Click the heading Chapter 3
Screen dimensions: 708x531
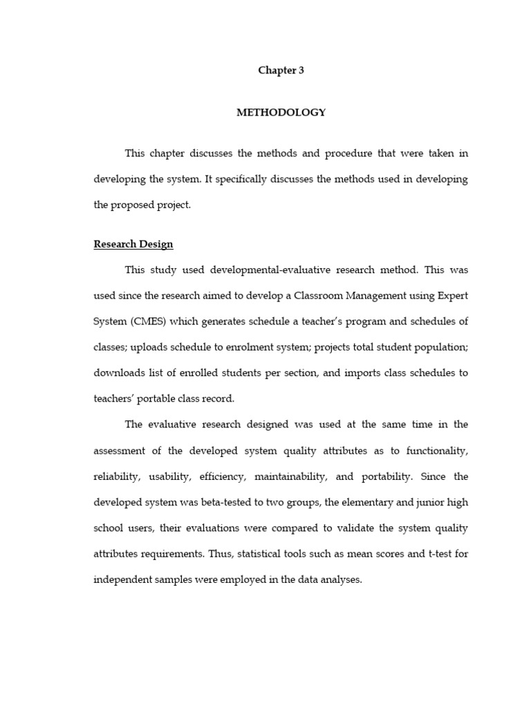281,71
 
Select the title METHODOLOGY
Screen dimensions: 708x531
281,113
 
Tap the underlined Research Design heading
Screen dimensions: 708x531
133,244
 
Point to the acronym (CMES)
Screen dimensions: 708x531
148,321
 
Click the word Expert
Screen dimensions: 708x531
452,295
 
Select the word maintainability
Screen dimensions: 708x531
292,476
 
